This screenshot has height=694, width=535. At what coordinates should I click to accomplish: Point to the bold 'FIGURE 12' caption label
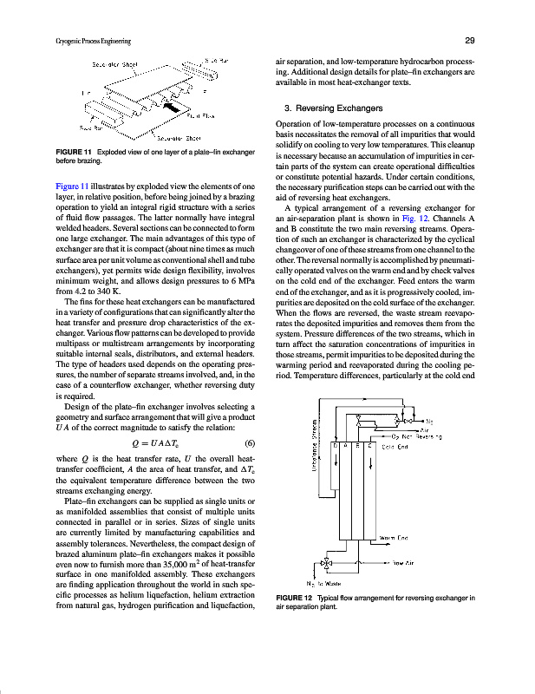(x=294, y=599)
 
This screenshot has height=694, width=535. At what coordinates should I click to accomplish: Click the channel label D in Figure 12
(x=336, y=446)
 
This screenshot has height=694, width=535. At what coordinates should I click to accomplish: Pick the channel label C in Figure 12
(x=370, y=446)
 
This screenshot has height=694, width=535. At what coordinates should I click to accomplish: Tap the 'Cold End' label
(x=395, y=447)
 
